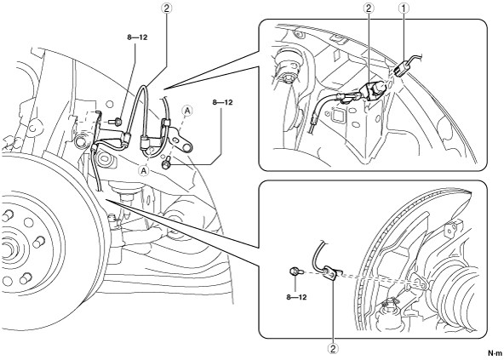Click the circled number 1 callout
pos(404,8)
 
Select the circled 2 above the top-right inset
pos(369,8)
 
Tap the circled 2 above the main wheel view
pos(167,8)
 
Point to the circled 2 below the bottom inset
pos(333,348)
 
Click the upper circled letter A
pos(187,111)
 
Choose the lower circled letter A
pos(145,170)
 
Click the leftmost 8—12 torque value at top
pos(137,37)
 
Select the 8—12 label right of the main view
pos(222,102)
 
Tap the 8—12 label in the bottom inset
pos(296,297)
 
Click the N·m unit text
pos(495,353)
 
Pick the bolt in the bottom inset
pos(296,272)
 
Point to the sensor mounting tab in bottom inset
pos(330,273)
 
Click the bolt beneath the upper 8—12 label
pos(116,122)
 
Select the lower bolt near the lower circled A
pos(166,164)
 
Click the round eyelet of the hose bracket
pos(186,147)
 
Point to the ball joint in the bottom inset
pos(390,309)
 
